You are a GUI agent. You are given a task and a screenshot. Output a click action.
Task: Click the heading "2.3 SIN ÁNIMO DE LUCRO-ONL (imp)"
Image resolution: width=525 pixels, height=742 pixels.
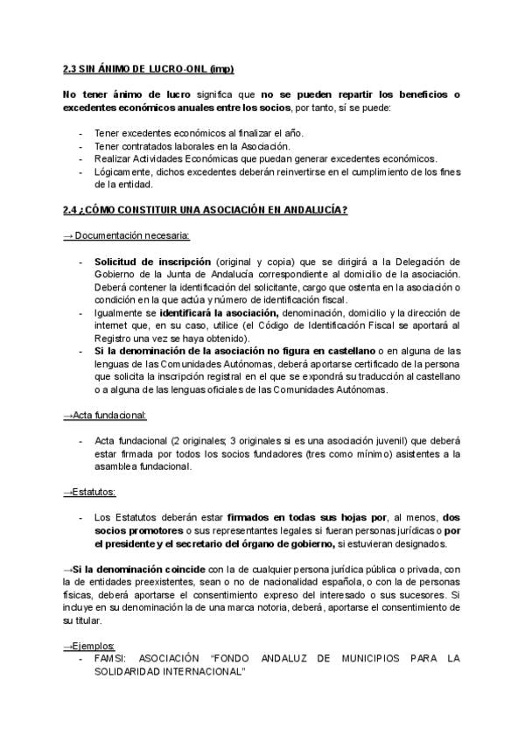[148, 68]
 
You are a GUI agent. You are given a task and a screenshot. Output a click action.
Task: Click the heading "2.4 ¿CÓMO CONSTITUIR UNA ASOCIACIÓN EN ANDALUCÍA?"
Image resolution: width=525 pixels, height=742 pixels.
[205, 210]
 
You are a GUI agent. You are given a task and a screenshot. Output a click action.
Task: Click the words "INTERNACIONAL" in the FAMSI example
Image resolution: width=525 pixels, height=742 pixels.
[199, 671]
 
